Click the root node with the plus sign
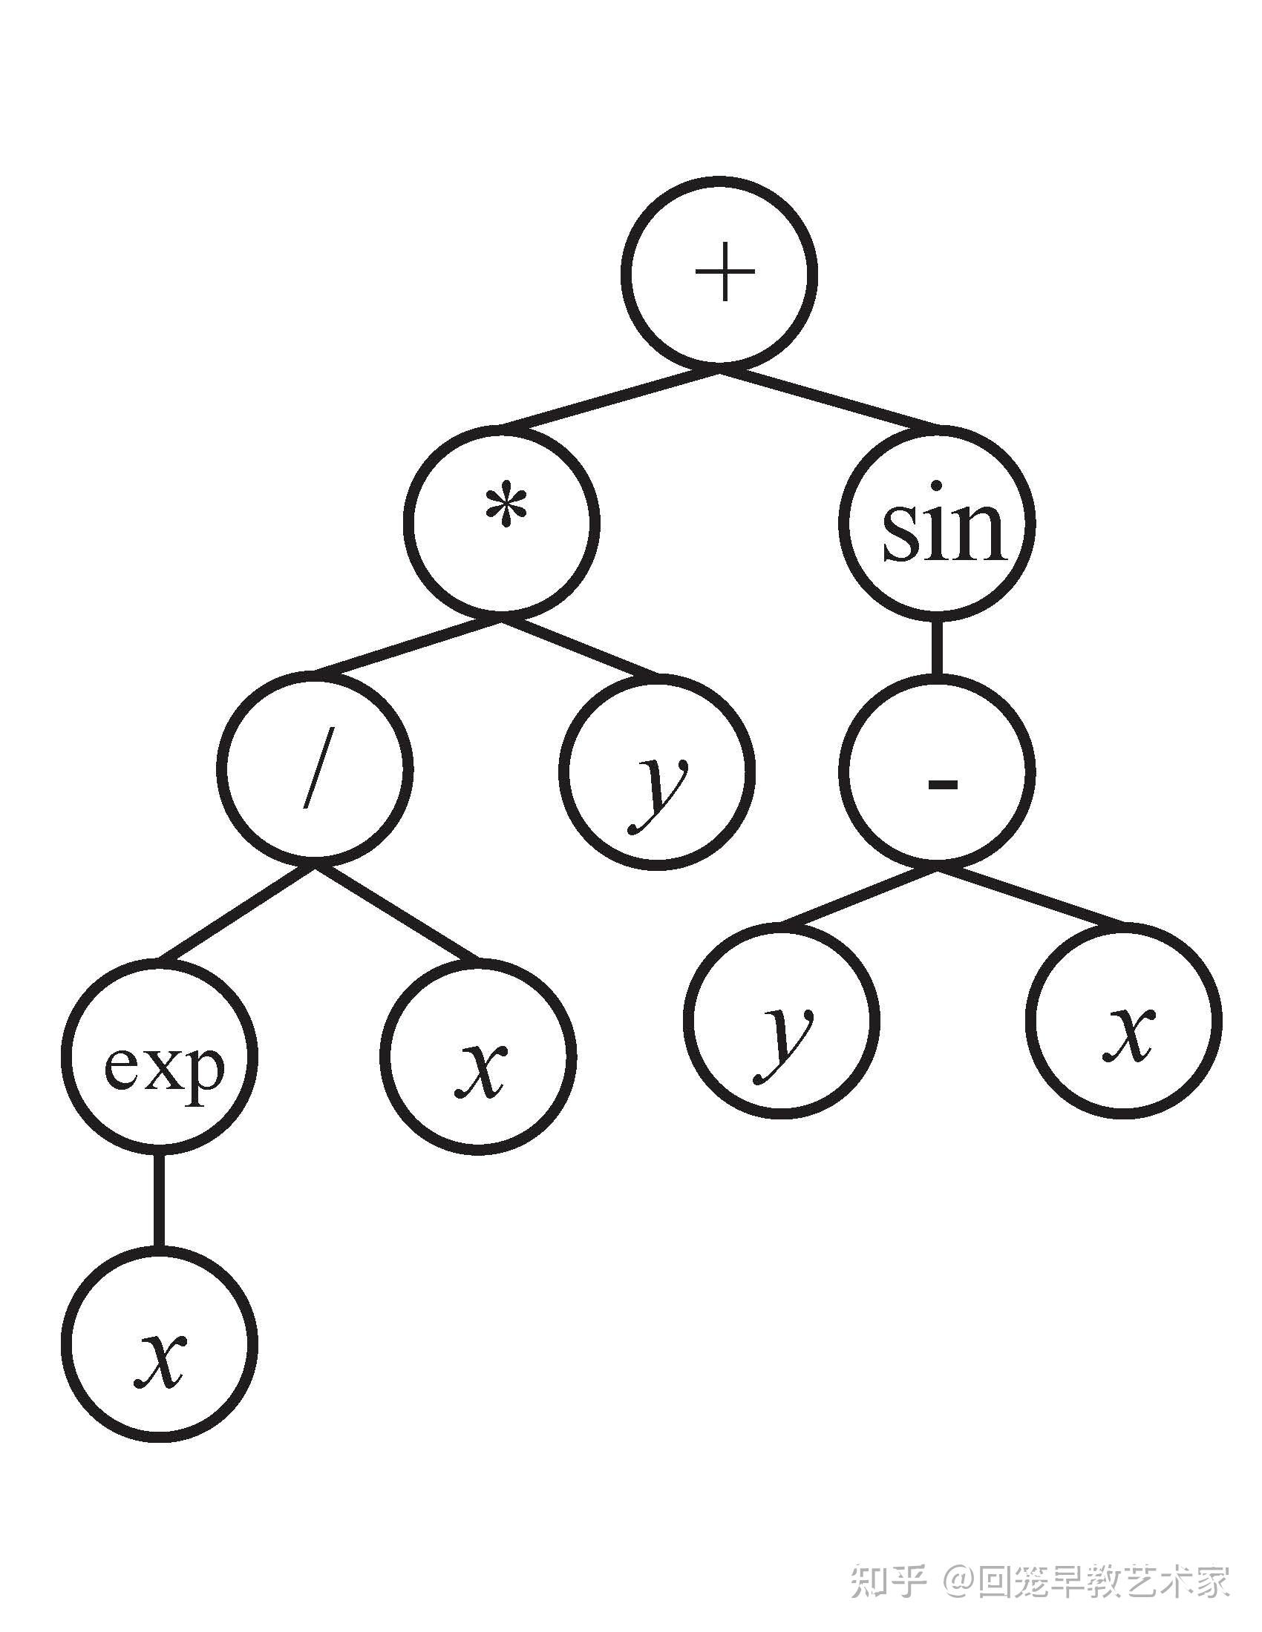tap(719, 274)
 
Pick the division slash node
tap(315, 769)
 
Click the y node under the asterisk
tap(657, 771)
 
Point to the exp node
tap(160, 1056)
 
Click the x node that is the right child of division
tap(479, 1056)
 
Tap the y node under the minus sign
tap(781, 1020)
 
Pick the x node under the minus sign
tap(1125, 1020)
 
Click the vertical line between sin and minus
tap(938, 647)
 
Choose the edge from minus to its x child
tap(1032, 895)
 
